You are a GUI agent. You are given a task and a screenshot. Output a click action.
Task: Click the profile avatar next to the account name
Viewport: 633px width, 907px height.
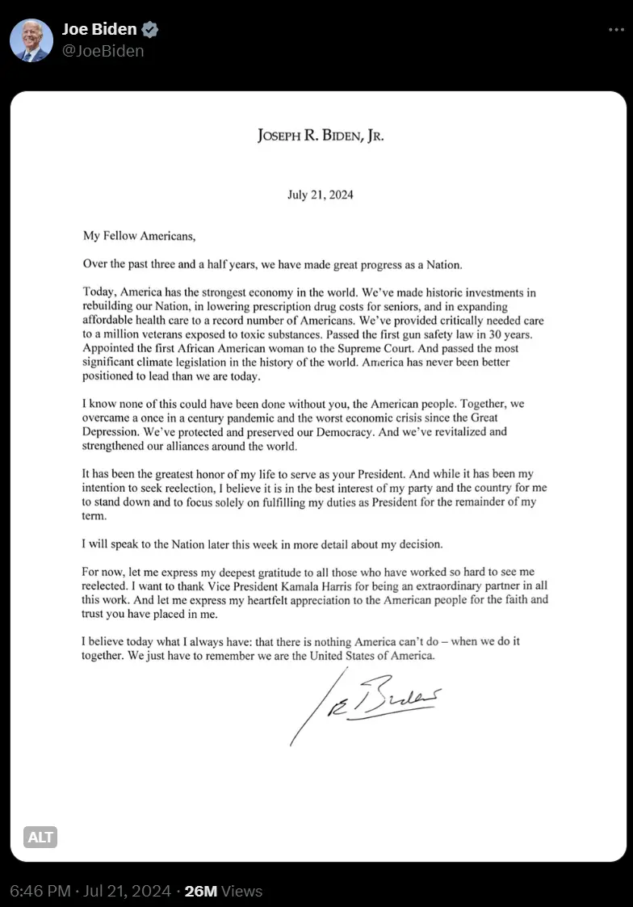click(31, 40)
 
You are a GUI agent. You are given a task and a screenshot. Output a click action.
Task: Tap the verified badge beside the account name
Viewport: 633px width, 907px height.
click(150, 31)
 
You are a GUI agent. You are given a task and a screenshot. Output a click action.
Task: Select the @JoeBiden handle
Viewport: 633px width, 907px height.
click(103, 51)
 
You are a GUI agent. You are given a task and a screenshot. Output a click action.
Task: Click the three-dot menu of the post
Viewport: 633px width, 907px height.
click(616, 30)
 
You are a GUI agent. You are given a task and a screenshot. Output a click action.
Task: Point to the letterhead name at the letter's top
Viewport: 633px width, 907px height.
click(321, 136)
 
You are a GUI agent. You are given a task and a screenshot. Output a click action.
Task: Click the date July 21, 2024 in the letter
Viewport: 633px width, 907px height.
click(321, 195)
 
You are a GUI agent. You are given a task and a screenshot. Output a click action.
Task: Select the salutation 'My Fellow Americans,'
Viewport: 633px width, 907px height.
click(139, 237)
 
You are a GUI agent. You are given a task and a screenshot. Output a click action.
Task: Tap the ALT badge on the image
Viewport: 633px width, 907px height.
click(40, 837)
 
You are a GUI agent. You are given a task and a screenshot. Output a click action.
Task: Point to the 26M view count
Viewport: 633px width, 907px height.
click(201, 891)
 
